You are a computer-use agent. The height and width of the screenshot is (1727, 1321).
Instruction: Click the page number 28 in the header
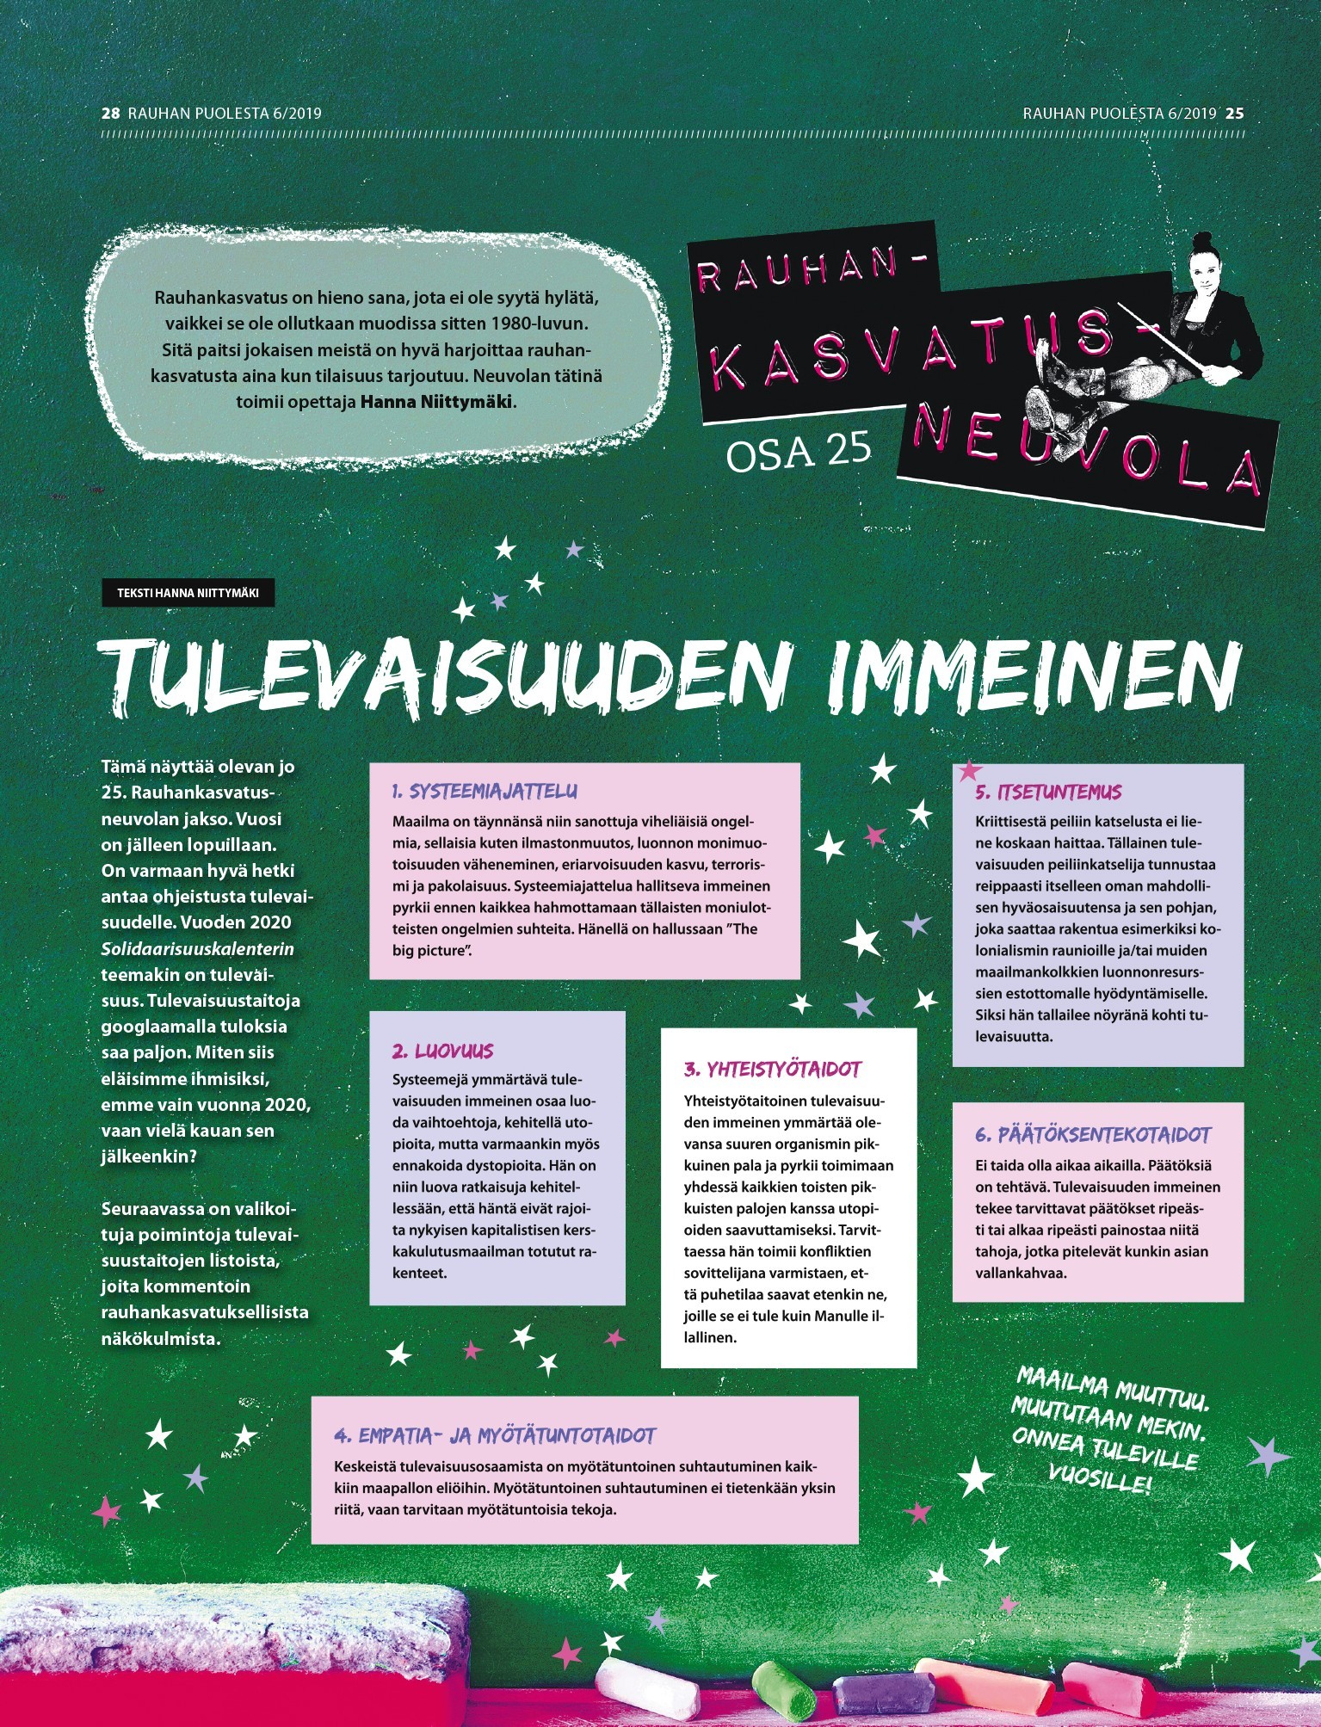click(x=109, y=113)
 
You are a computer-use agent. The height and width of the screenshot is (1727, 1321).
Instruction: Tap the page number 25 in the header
click(x=1235, y=113)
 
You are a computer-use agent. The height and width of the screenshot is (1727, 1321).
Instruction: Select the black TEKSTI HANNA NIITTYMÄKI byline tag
click(x=188, y=593)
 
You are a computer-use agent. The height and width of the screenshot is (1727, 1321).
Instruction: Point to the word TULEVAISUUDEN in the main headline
click(x=448, y=675)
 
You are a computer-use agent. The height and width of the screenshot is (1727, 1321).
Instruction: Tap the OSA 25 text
click(x=799, y=452)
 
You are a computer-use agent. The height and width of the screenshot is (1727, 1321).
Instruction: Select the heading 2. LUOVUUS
click(x=442, y=1051)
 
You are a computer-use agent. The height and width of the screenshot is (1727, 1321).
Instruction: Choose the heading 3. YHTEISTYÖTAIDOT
click(x=772, y=1070)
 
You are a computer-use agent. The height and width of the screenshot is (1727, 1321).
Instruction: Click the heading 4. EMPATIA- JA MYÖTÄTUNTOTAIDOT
click(x=495, y=1435)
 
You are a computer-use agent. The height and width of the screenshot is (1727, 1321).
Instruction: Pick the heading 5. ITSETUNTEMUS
click(x=1048, y=792)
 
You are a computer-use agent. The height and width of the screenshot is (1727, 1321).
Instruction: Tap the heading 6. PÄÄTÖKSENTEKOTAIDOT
click(x=1093, y=1134)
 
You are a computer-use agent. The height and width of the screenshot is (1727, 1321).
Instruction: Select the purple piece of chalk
click(x=883, y=1693)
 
